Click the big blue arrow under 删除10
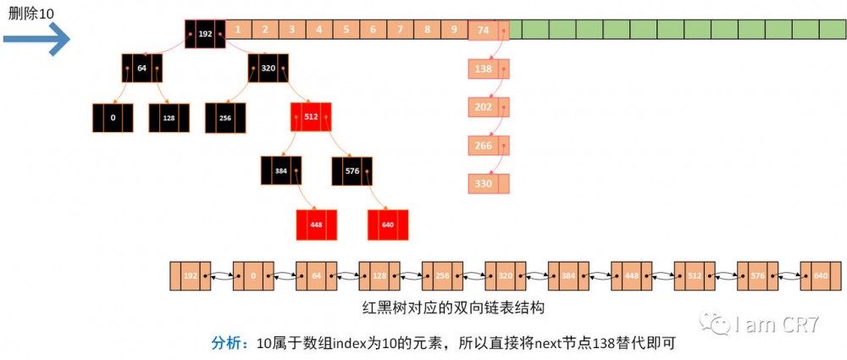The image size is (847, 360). pos(36,39)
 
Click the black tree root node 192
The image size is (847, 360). pos(205,34)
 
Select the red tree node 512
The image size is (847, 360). pos(310,117)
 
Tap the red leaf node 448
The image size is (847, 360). pos(317,224)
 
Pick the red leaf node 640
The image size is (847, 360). pos(388,224)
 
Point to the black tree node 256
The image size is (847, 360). pos(225,118)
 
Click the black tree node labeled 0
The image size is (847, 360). pos(113,118)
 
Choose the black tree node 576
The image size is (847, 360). pos(352,170)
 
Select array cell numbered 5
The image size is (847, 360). pos(346,30)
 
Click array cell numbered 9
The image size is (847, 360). pos(454,30)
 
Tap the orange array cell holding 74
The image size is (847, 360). pos(484,30)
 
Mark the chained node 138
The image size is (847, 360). pos(484,69)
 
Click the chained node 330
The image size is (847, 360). pos(484,183)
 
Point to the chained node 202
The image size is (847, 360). pos(484,107)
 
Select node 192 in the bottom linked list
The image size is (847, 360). pos(191,276)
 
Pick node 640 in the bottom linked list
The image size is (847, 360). pos(820,276)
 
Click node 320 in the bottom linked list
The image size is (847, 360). pos(505,276)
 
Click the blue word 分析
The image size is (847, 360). pos(227,343)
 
